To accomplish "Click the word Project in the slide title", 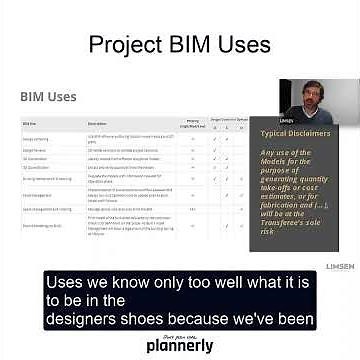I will point(127,45).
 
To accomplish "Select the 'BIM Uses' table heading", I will point(49,96).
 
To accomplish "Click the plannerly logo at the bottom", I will point(180,345).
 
